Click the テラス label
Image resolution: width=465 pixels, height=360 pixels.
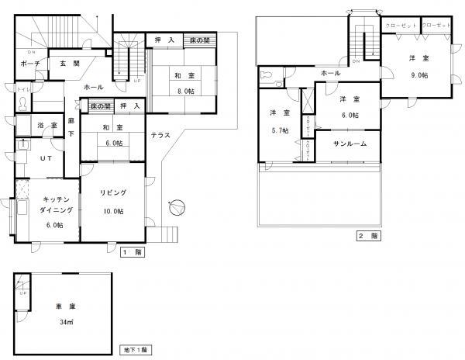(160, 135)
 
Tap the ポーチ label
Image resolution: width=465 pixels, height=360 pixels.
(30, 64)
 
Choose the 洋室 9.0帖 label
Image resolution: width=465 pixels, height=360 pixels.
(419, 66)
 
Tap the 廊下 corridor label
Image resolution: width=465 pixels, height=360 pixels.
(71, 127)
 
